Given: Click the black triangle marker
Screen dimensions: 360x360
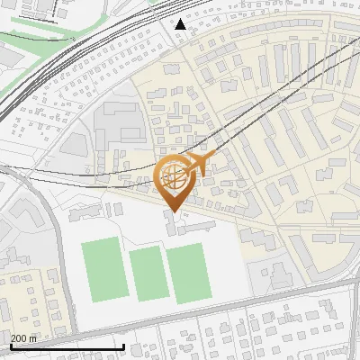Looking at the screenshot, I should pyautogui.click(x=180, y=24).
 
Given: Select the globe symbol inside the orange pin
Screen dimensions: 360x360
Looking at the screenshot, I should pyautogui.click(x=172, y=175).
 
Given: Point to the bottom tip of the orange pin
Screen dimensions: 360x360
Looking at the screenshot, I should pyautogui.click(x=172, y=211).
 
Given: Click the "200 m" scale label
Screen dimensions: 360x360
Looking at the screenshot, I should pyautogui.click(x=23, y=338).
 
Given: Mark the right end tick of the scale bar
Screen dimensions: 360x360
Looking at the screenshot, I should pyautogui.click(x=123, y=346).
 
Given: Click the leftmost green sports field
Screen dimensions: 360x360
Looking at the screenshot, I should pyautogui.click(x=105, y=270).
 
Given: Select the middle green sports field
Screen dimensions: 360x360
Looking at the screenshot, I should pyautogui.click(x=146, y=274).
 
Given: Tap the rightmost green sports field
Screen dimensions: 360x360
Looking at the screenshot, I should pyautogui.click(x=188, y=272).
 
